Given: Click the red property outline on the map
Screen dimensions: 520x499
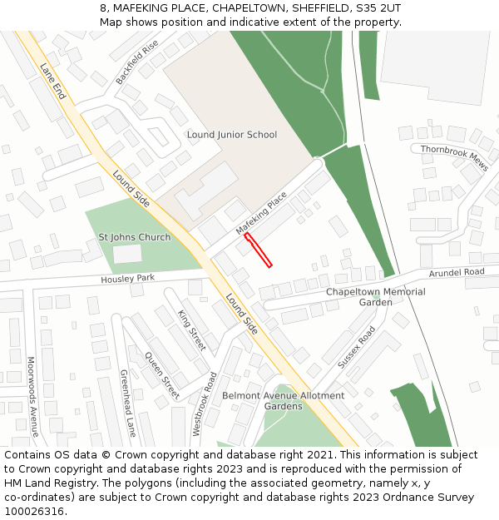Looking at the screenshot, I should (258, 250).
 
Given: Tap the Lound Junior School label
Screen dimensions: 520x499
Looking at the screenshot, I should (232, 135).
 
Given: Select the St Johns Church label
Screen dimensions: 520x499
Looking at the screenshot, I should (135, 237).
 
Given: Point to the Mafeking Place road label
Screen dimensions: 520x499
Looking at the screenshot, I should (261, 213).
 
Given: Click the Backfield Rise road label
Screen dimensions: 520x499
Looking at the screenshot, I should (136, 62).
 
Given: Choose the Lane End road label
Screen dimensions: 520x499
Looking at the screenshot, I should (52, 82).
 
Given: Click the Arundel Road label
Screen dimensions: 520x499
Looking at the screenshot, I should (457, 272).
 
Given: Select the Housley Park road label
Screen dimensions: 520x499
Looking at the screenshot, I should (128, 278).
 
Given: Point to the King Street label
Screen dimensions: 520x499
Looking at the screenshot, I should (191, 329).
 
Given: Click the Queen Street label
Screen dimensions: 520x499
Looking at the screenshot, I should (161, 375).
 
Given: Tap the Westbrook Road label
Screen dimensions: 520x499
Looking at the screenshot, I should (204, 404).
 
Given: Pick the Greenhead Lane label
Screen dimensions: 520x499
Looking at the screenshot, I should (128, 403).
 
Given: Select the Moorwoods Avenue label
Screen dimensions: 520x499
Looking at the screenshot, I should (32, 397).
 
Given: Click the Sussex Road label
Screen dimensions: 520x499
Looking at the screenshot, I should (357, 347).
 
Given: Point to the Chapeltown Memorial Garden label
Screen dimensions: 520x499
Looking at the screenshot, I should (375, 297).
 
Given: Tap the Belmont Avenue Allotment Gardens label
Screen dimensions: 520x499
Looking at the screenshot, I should (283, 401).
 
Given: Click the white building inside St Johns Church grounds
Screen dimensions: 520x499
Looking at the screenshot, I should (127, 255).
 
